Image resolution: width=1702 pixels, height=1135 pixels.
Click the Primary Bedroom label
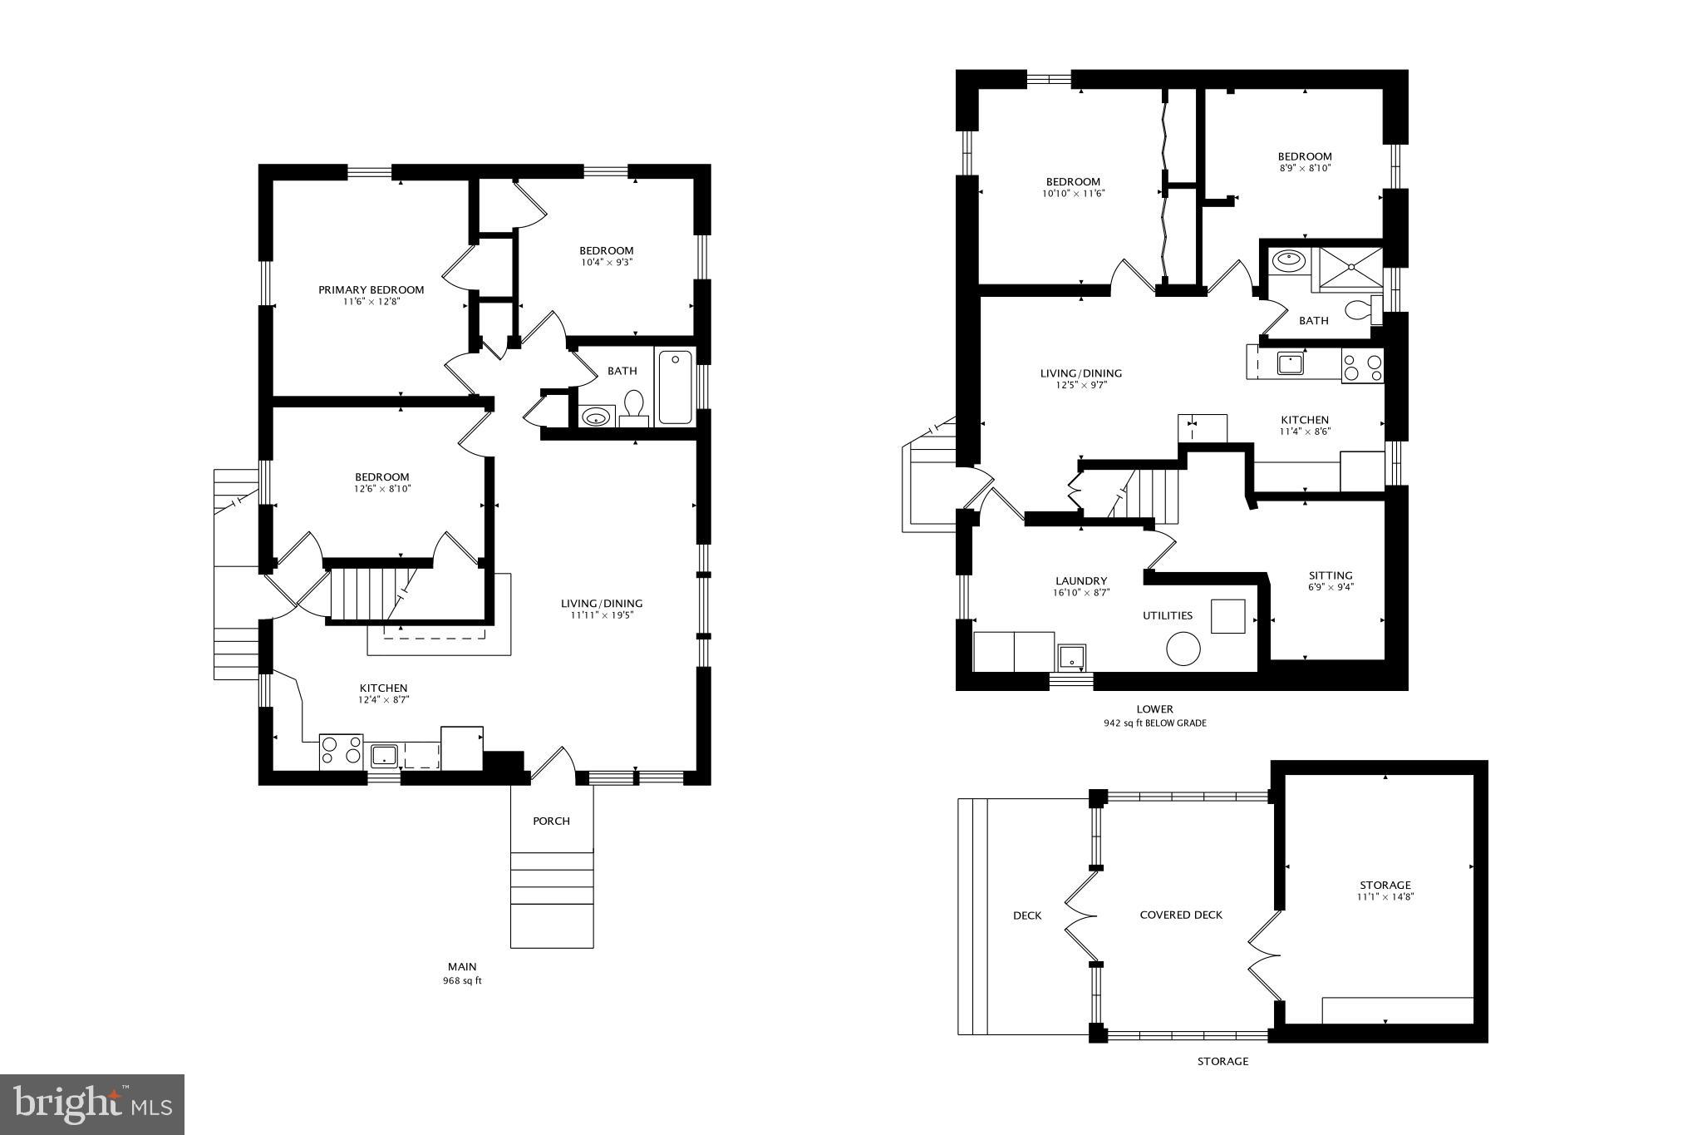[x=371, y=290]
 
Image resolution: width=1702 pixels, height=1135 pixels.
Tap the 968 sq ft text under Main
[x=462, y=981]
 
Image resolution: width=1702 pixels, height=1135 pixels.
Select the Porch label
[x=551, y=822]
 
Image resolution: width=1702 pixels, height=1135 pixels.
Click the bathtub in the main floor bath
[x=675, y=387]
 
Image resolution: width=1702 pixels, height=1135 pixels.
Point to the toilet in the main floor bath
[x=634, y=406]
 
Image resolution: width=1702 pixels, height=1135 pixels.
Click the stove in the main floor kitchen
[x=341, y=752]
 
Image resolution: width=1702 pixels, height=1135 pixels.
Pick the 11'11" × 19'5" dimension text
[x=601, y=615]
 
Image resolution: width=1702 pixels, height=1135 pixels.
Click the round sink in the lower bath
[x=1288, y=261]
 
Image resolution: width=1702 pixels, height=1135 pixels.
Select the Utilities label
[x=1167, y=616]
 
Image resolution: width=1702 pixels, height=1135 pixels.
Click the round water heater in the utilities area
[x=1183, y=648]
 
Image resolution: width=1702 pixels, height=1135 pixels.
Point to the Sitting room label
[x=1330, y=575]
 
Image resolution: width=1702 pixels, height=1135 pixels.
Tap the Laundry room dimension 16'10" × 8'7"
[x=1080, y=593]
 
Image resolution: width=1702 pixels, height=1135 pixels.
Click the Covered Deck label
[x=1180, y=915]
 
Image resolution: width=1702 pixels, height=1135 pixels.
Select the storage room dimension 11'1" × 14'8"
[x=1385, y=897]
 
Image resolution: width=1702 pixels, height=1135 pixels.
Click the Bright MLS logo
[x=92, y=1104]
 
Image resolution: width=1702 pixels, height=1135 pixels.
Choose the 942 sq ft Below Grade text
[x=1154, y=723]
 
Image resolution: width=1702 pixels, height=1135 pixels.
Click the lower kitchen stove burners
[x=1363, y=367]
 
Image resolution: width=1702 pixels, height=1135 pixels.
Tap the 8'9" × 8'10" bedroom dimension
[x=1304, y=168]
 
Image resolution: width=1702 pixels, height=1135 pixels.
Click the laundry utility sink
[x=1072, y=658]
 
